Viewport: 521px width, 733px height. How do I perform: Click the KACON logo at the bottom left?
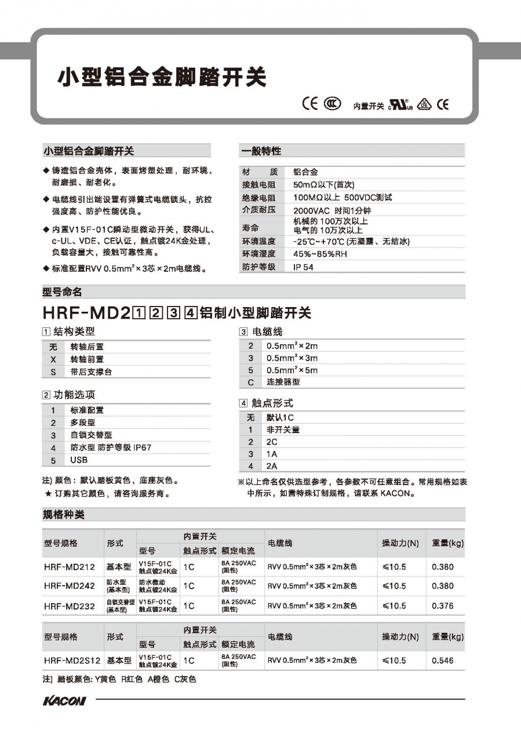(x=64, y=701)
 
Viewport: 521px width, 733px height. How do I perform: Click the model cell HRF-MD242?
(x=69, y=586)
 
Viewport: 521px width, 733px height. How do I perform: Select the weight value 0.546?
(x=443, y=661)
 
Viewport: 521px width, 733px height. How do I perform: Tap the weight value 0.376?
(x=443, y=606)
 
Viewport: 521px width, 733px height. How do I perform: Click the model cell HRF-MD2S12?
(x=72, y=661)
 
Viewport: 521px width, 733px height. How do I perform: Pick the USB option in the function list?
(x=79, y=460)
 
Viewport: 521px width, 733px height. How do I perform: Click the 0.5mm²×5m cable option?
(x=292, y=370)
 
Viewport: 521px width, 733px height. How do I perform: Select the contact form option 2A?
(x=271, y=466)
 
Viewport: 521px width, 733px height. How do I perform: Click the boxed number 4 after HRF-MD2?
(x=191, y=314)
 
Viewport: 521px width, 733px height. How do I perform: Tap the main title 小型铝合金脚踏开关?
(x=161, y=76)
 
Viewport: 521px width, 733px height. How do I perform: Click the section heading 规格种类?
(x=64, y=515)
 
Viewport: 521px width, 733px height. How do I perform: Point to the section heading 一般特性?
(x=261, y=151)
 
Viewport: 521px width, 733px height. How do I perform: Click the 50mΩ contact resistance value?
(x=323, y=185)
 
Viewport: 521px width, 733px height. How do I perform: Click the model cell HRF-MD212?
(x=69, y=567)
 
